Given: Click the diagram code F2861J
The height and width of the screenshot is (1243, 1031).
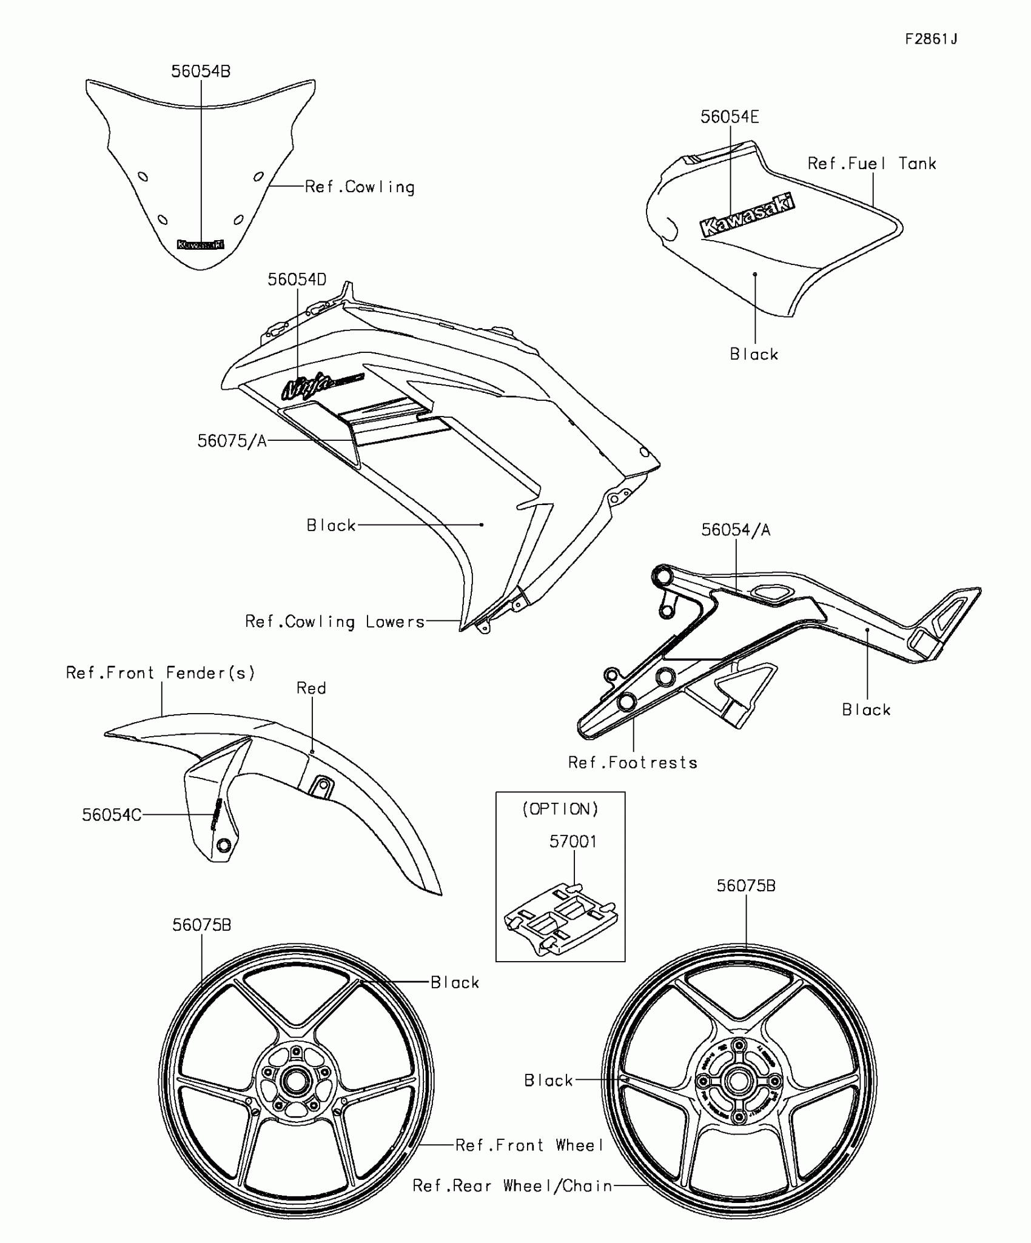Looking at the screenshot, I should coord(931,39).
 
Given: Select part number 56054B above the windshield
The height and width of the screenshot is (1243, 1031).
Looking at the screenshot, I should coord(201,72).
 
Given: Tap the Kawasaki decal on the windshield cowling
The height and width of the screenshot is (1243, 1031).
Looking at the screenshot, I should coord(200,244).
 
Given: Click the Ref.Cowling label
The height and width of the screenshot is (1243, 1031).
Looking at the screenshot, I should coord(360,187).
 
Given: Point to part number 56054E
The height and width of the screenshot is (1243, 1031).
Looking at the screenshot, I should coord(729,117).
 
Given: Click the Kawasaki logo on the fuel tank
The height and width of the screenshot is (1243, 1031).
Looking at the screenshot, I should coord(747,215).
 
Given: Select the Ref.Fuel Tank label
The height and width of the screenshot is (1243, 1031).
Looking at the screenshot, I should coord(871,164).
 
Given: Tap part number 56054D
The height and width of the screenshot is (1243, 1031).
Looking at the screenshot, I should coord(297,280).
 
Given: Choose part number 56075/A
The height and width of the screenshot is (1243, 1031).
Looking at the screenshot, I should coord(232,441).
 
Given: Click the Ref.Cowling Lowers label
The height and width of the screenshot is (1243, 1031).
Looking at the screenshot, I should coord(335,621).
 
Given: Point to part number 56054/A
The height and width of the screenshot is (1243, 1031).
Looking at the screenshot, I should coord(736,530).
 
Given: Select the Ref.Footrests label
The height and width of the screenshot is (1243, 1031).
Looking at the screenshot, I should coord(633,763).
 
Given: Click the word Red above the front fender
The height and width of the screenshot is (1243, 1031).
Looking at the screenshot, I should coord(311,688).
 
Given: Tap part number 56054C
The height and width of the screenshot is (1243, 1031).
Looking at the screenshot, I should coord(112,815).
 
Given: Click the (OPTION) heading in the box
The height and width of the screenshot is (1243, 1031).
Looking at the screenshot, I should coord(560,809).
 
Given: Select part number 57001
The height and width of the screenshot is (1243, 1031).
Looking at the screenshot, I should coord(573,842).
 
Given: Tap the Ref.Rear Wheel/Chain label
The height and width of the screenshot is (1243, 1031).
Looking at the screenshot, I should coord(512,1186).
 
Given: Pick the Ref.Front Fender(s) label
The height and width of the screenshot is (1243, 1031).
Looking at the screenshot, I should coord(161,673).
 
